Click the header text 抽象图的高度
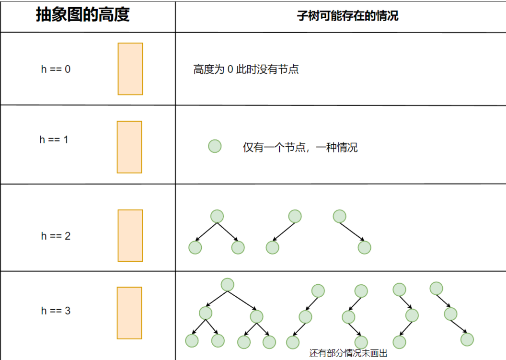click(x=83, y=15)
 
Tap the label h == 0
click(x=56, y=69)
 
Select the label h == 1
click(x=54, y=140)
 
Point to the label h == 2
click(x=56, y=236)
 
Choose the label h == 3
click(x=56, y=311)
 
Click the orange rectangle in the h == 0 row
click(x=130, y=69)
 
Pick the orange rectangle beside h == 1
click(x=129, y=147)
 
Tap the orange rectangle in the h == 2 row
click(x=130, y=235)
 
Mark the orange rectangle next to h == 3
click(x=129, y=313)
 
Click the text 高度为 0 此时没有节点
click(x=246, y=70)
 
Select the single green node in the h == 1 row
click(x=215, y=146)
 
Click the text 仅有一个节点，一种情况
click(x=300, y=147)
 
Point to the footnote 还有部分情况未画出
click(x=348, y=354)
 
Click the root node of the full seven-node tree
click(x=227, y=284)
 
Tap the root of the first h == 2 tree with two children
click(x=217, y=216)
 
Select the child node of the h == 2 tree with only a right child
click(x=364, y=247)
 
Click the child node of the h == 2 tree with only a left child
click(x=272, y=247)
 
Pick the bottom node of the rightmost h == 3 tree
click(x=467, y=339)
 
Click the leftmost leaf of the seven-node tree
click(x=192, y=341)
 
